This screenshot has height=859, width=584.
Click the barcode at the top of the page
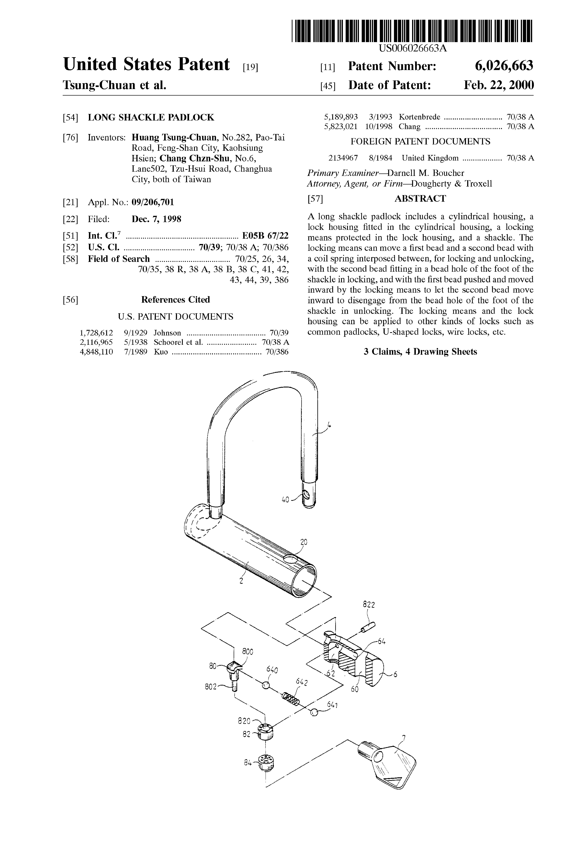click(412, 30)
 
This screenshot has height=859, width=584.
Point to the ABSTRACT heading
click(420, 199)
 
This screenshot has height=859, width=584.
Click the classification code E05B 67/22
click(265, 236)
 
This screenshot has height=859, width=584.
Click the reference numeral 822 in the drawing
click(368, 605)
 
